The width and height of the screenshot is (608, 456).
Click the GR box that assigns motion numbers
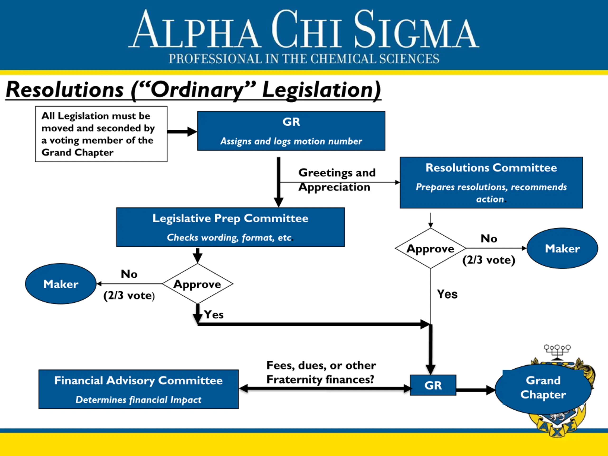pyautogui.click(x=291, y=131)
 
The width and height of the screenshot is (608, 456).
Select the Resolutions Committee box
pyautogui.click(x=491, y=182)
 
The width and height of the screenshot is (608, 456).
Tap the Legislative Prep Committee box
pyautogui.click(x=230, y=227)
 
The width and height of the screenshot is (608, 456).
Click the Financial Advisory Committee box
pyautogui.click(x=138, y=389)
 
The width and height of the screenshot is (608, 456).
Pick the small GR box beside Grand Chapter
pyautogui.click(x=433, y=385)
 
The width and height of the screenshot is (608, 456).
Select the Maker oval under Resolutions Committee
pyautogui.click(x=562, y=248)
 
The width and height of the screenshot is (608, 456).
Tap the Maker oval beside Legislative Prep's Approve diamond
pyautogui.click(x=61, y=284)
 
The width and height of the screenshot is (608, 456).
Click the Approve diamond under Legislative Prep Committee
pyautogui.click(x=197, y=284)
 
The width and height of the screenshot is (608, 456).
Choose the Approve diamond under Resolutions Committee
pyautogui.click(x=430, y=248)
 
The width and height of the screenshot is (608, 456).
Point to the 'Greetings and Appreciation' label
pyautogui.click(x=337, y=180)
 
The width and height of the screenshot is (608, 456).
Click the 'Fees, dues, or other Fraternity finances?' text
pyautogui.click(x=321, y=372)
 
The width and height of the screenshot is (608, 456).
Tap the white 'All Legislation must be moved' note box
pyautogui.click(x=101, y=134)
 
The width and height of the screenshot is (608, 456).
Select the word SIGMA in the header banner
pyautogui.click(x=416, y=30)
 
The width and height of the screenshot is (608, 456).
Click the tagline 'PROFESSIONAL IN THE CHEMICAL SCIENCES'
pyautogui.click(x=304, y=59)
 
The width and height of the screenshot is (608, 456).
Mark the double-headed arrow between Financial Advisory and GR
pyautogui.click(x=325, y=388)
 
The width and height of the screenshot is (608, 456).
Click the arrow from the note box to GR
pyautogui.click(x=182, y=132)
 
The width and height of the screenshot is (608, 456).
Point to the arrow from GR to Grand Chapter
pyautogui.click(x=476, y=390)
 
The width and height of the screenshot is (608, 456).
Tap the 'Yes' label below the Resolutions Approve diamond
pyautogui.click(x=447, y=294)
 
